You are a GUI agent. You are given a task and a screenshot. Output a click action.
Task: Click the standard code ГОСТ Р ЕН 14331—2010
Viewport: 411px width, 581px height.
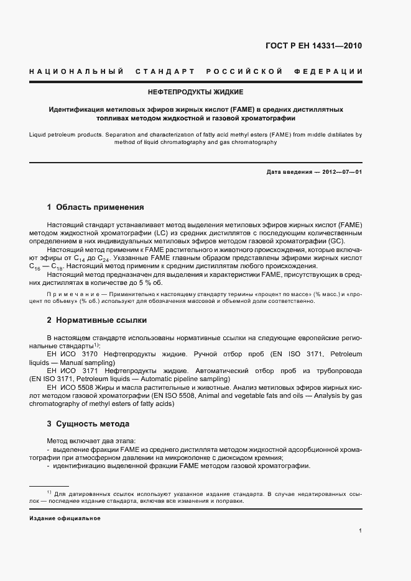tap(314, 45)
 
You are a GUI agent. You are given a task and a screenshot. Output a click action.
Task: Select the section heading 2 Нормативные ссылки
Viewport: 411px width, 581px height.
tap(97, 320)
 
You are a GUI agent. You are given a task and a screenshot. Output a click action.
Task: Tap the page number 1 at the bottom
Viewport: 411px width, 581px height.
tap(360, 531)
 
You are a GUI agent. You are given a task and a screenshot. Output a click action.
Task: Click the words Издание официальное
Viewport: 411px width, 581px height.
tap(65, 518)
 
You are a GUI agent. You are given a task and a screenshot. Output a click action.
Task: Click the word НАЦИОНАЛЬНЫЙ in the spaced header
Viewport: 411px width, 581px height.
tap(75, 72)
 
